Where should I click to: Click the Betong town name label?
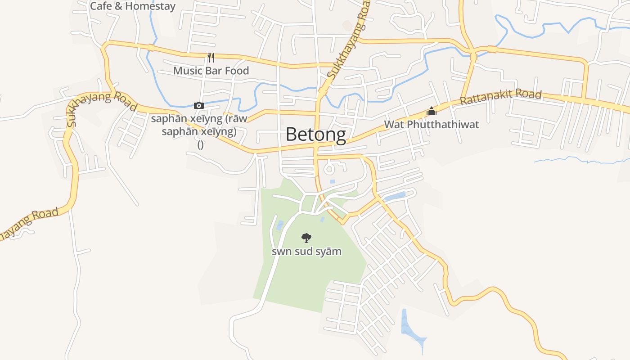click(316, 135)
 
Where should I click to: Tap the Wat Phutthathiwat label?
click(432, 125)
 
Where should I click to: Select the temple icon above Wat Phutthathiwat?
click(432, 111)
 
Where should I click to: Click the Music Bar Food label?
click(211, 71)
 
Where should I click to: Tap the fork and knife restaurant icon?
click(211, 58)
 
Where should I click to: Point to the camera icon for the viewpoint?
click(198, 106)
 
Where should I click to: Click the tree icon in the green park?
click(306, 238)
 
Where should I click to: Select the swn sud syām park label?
click(306, 251)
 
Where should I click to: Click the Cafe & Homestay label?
click(133, 6)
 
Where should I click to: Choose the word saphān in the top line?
click(166, 119)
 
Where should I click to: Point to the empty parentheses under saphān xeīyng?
click(201, 144)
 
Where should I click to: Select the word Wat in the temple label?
click(393, 125)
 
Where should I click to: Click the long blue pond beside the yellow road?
click(395, 196)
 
